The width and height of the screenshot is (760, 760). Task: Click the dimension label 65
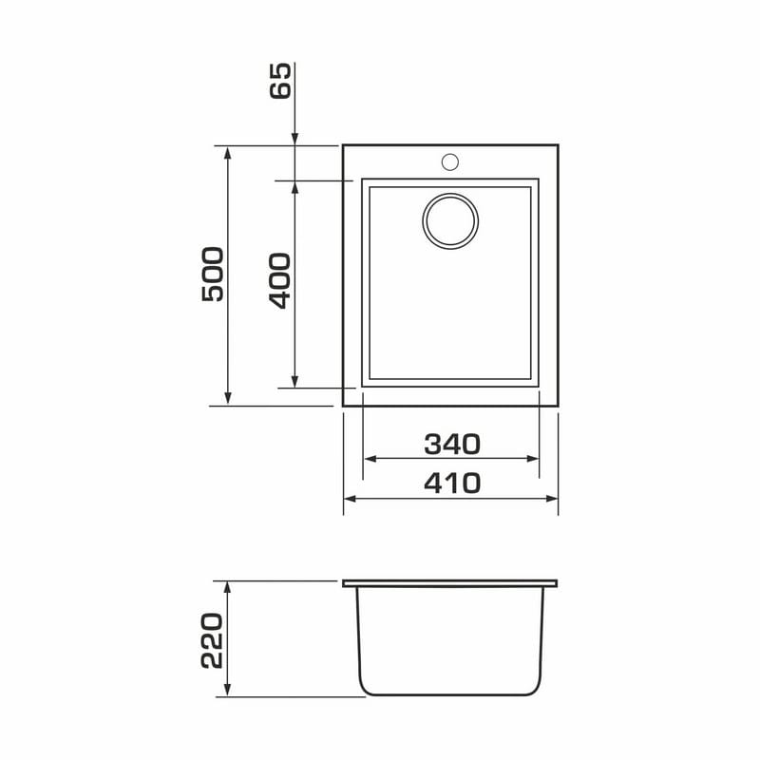tap(280, 81)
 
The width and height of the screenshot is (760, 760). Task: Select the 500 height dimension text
tap(213, 275)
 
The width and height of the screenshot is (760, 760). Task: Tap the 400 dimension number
tap(279, 280)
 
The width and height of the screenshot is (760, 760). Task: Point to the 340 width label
tap(452, 444)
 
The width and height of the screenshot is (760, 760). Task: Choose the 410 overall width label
tap(452, 484)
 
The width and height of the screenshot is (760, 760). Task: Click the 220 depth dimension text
tap(212, 640)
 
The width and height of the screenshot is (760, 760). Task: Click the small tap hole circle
tap(450, 161)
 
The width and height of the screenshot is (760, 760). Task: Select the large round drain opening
tap(450, 221)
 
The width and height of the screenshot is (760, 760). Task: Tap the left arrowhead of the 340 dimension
tap(370, 459)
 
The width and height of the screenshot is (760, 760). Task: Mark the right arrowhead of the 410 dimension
tap(552, 498)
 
